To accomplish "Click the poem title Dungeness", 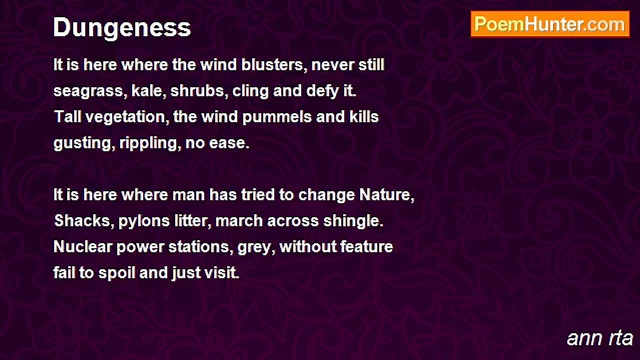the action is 122,28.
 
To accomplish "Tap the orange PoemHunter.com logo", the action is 550,24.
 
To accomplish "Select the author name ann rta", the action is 599,338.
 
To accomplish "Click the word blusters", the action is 274,65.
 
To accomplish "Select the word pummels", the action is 276,117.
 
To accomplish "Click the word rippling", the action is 150,143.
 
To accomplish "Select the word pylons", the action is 144,221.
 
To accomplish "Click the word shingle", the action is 353,221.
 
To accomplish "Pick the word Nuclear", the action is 82,247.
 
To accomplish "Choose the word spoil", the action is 116,273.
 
